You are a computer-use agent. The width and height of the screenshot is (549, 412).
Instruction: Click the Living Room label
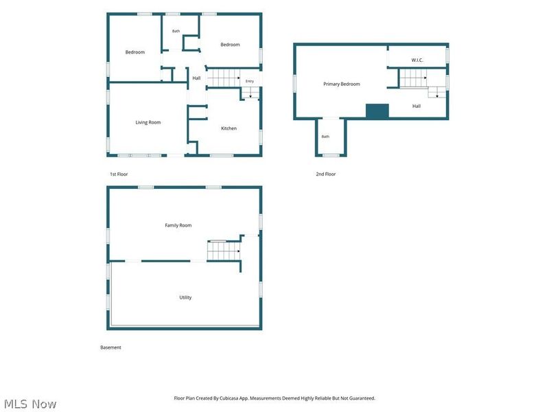click(x=148, y=122)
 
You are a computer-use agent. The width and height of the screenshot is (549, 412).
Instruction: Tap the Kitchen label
click(x=229, y=128)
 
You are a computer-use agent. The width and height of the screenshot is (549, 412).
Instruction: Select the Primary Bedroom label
click(x=341, y=84)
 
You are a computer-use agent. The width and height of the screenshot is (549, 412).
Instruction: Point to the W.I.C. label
click(x=417, y=60)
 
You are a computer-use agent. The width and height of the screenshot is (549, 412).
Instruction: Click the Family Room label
click(x=178, y=225)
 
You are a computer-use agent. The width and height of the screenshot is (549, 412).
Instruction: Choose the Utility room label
click(x=185, y=297)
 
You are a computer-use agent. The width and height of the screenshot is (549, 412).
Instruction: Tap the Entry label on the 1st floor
click(x=250, y=81)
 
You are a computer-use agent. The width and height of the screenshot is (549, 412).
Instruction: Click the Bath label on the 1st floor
click(x=176, y=31)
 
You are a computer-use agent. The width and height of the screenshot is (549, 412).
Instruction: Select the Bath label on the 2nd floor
click(x=325, y=137)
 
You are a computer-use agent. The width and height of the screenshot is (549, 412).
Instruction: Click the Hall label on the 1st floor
click(x=196, y=78)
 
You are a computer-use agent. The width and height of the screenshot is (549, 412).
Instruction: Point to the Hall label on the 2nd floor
click(x=417, y=106)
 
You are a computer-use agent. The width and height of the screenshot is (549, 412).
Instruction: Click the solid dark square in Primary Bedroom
click(x=377, y=111)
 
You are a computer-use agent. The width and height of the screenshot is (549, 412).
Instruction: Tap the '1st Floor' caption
click(x=119, y=174)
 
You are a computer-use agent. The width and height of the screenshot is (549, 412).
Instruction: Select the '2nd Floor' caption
click(x=325, y=174)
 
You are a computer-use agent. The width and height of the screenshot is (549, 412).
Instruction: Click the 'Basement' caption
click(x=110, y=347)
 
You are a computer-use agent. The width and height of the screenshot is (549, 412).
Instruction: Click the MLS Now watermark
click(x=30, y=404)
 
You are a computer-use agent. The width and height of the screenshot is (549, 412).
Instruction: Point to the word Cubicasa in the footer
click(x=229, y=398)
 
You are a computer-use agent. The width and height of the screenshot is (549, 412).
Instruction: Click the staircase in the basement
click(x=224, y=251)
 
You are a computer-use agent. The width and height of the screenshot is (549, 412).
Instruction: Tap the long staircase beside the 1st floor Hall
click(x=224, y=78)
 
